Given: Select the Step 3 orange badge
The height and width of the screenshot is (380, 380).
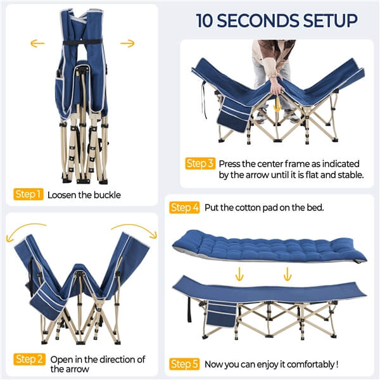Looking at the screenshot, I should point(200,163).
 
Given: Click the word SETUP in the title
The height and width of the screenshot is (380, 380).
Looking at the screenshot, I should point(320,20).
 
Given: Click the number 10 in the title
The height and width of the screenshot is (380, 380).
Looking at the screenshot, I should point(206,20).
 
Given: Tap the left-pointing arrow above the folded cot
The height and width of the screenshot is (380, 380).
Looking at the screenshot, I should point(37,44).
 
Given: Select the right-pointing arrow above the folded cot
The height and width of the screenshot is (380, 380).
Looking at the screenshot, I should point(128,44).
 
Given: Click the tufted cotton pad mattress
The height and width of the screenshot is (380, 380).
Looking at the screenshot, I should point(266,244).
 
